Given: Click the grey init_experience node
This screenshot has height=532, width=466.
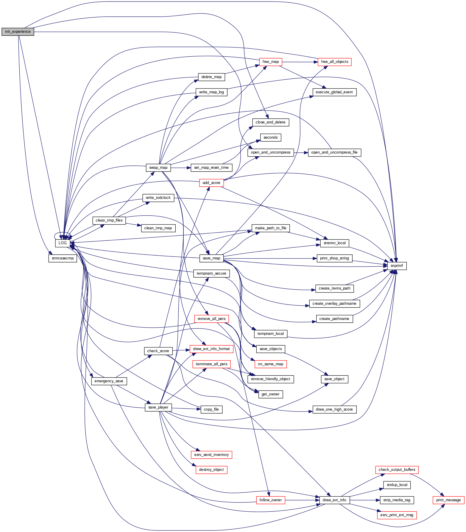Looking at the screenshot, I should [18, 32].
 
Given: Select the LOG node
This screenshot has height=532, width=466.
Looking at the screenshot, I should [63, 243].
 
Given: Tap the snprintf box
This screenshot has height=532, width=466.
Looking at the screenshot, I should [397, 265].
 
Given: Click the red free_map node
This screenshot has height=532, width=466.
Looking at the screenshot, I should [270, 62].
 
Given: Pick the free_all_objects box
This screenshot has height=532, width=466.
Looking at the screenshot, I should [334, 62].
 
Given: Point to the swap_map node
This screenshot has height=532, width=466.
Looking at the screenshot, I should [158, 168].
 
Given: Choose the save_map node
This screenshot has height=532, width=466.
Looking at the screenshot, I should [211, 258].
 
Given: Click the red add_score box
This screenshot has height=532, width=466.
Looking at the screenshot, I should [211, 183].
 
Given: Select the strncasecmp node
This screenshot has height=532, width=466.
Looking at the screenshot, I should [63, 258].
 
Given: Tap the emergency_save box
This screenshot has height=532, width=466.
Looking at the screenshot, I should [109, 381].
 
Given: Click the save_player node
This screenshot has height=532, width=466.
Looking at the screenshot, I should [158, 407].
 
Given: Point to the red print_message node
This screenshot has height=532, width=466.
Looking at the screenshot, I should [448, 500].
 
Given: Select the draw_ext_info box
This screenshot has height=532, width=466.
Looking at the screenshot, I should [334, 500].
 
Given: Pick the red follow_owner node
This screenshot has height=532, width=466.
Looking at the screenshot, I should [270, 500].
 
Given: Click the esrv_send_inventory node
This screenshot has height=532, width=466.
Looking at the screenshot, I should [211, 455].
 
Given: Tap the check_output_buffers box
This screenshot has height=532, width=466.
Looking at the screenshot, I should [397, 470].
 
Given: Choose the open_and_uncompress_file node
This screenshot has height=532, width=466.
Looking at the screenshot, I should [334, 152].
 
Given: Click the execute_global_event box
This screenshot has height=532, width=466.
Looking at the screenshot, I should [334, 92].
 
